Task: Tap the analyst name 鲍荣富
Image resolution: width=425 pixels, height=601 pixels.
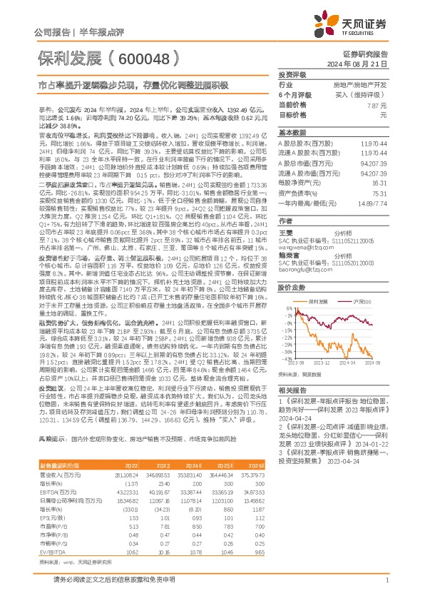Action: tap(287, 254)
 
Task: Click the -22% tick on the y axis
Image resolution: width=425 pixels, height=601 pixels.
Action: tap(288, 331)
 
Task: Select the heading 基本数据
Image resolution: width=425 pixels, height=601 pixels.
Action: tap(292, 133)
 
